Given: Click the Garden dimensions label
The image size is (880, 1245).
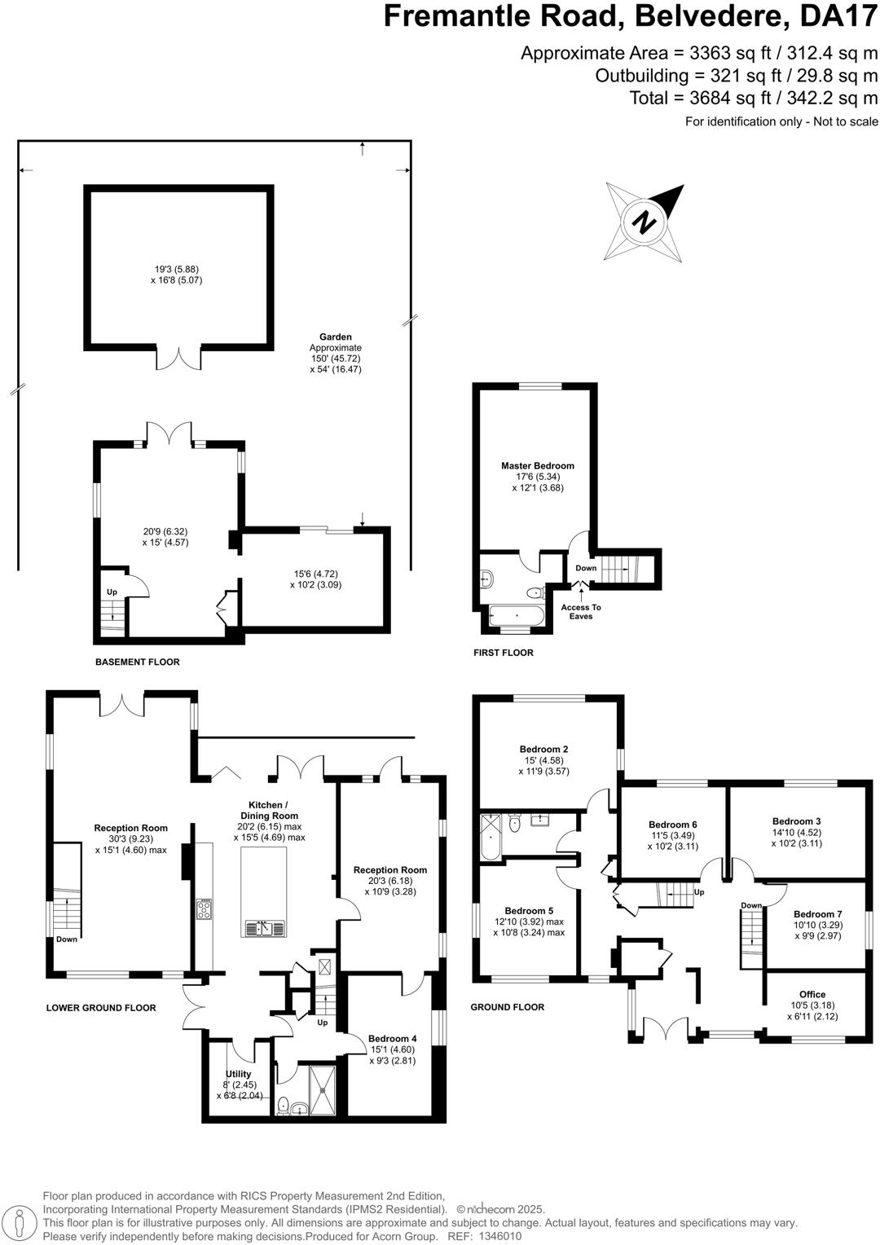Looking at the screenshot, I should point(335,353).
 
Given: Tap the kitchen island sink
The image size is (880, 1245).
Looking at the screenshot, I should point(264,928).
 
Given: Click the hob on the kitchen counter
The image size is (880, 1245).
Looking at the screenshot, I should point(204,909).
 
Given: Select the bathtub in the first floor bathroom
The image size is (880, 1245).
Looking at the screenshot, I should point(517,614).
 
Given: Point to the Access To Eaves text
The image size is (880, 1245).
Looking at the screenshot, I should point(581,612).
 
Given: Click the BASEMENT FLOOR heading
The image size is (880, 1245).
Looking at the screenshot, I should point(137,662).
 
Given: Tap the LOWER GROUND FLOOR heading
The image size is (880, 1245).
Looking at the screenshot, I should point(101,1008).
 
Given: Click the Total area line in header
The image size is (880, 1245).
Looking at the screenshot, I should point(753,99).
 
